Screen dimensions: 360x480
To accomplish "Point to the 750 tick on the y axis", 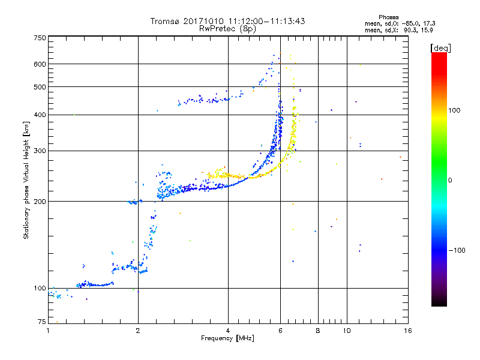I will pyautogui.click(x=40, y=38).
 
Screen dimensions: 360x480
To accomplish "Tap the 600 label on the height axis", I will pyautogui.click(x=40, y=64).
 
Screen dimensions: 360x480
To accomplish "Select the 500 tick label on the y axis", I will pyautogui.click(x=40, y=87).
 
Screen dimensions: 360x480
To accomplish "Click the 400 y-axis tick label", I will pyautogui.click(x=40, y=115).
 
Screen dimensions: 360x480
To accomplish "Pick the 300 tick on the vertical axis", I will pyautogui.click(x=40, y=151).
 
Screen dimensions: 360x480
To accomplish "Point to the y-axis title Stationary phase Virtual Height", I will pyautogui.click(x=26, y=180).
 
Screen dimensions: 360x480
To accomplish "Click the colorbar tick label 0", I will pyautogui.click(x=451, y=180).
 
